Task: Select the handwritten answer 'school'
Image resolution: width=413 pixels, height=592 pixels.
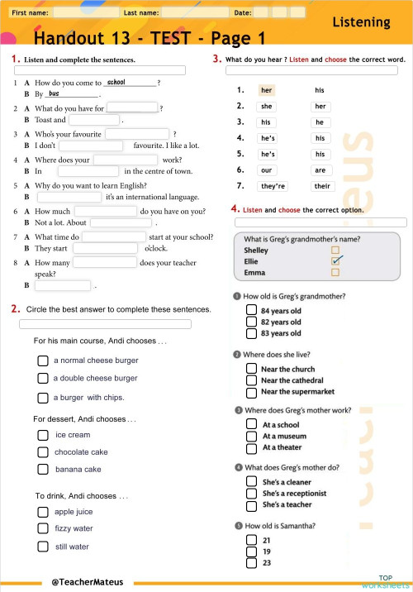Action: click(x=116, y=82)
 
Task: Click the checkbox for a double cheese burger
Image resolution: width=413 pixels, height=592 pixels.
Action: click(x=43, y=378)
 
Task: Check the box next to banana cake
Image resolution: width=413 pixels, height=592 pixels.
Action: click(x=43, y=469)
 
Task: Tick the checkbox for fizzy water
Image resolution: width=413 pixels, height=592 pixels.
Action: click(x=43, y=528)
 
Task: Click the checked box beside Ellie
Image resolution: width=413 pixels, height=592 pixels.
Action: click(x=335, y=260)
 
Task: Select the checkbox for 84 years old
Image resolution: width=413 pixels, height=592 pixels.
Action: click(x=251, y=311)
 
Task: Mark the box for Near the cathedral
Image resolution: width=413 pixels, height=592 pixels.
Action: click(x=251, y=380)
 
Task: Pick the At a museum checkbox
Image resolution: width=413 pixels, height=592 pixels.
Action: click(x=251, y=436)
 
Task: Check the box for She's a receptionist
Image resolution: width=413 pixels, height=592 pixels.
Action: click(x=251, y=493)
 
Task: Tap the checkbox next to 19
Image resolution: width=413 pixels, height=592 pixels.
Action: click(x=251, y=551)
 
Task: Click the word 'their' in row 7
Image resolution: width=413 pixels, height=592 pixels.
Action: click(x=321, y=186)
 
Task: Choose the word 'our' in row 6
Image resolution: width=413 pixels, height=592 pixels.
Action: click(x=266, y=170)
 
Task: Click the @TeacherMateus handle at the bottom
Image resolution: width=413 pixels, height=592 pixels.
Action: click(x=87, y=582)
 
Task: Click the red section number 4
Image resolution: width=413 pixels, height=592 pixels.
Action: click(x=235, y=209)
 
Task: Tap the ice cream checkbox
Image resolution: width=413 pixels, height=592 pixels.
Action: click(x=43, y=435)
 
